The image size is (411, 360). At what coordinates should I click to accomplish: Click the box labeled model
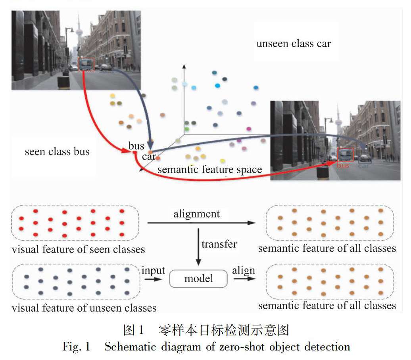pos(198,278)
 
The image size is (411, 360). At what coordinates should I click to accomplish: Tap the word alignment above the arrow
pos(196,214)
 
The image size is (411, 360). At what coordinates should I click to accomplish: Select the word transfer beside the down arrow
pos(219,244)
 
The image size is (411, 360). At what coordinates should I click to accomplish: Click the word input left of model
pos(153,270)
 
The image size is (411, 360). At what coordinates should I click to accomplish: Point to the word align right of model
pos(244,270)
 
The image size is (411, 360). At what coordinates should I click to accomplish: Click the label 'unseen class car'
pos(293,44)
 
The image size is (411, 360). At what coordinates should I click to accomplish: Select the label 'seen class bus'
pos(57,152)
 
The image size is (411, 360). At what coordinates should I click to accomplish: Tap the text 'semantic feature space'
pos(210,170)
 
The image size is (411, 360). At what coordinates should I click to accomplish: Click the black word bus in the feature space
pos(136,146)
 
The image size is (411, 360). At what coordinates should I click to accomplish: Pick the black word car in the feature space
pos(149,157)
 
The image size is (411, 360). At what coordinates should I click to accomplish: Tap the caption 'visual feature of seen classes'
pos(78,250)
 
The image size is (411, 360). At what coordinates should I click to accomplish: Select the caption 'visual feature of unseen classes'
pos(84,308)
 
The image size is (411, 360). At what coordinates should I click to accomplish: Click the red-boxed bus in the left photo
pos(86,64)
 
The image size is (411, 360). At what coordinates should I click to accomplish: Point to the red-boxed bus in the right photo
pos(345,155)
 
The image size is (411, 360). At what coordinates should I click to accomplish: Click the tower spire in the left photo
pos(78,24)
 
